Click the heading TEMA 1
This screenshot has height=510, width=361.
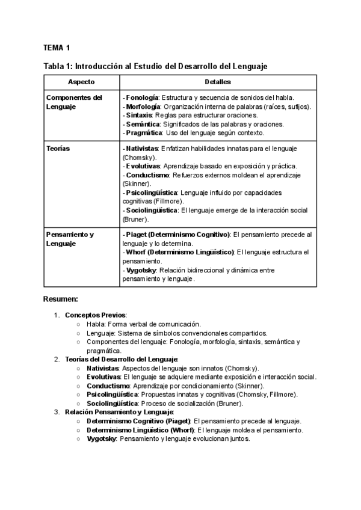[x=57, y=48]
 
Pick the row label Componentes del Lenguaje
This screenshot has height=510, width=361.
[x=74, y=102]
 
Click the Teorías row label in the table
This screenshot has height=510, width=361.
[x=58, y=148]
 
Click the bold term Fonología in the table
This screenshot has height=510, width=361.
[x=142, y=97]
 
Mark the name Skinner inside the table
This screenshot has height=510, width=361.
[x=135, y=183]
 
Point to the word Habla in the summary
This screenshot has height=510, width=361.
[x=96, y=324]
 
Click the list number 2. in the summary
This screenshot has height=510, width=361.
[x=57, y=359]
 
